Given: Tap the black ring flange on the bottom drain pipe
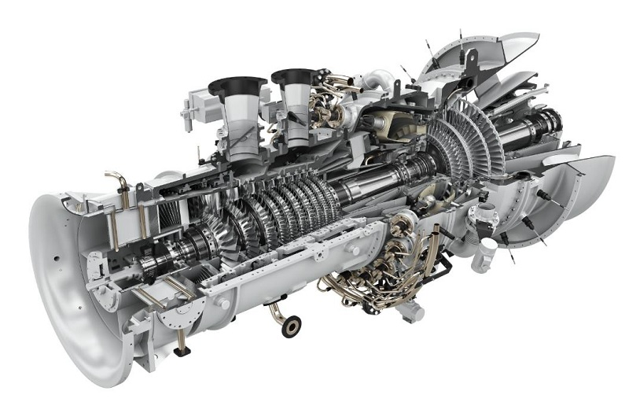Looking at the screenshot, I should (x=290, y=326).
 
